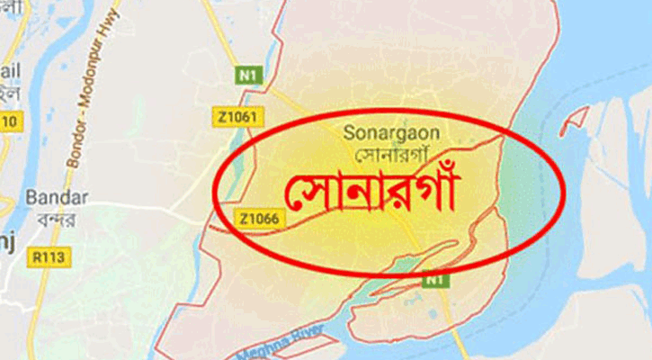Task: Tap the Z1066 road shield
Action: [257, 218]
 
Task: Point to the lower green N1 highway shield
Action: [433, 280]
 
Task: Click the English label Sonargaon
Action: [391, 132]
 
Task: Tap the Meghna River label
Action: [280, 341]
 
